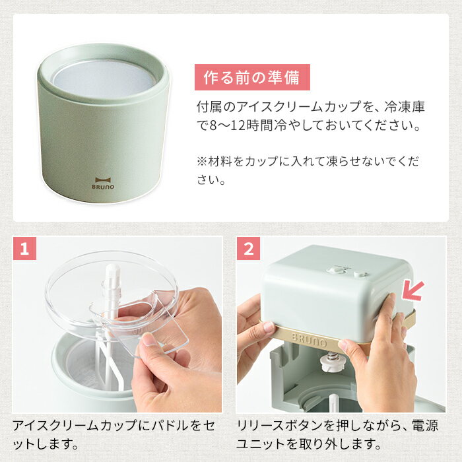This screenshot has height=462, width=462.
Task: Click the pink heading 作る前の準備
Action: (252, 77)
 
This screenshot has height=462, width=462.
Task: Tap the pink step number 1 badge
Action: (25, 248)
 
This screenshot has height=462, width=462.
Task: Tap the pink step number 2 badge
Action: (249, 248)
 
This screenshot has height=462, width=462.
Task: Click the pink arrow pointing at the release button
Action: (412, 291)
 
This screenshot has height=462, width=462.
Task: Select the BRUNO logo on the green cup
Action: (103, 183)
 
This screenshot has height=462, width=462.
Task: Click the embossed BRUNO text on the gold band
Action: (309, 339)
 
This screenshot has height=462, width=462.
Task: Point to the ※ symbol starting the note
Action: (202, 162)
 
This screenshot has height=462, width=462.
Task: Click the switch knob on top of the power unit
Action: (336, 270)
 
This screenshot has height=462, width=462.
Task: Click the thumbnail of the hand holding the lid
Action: (117, 325)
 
